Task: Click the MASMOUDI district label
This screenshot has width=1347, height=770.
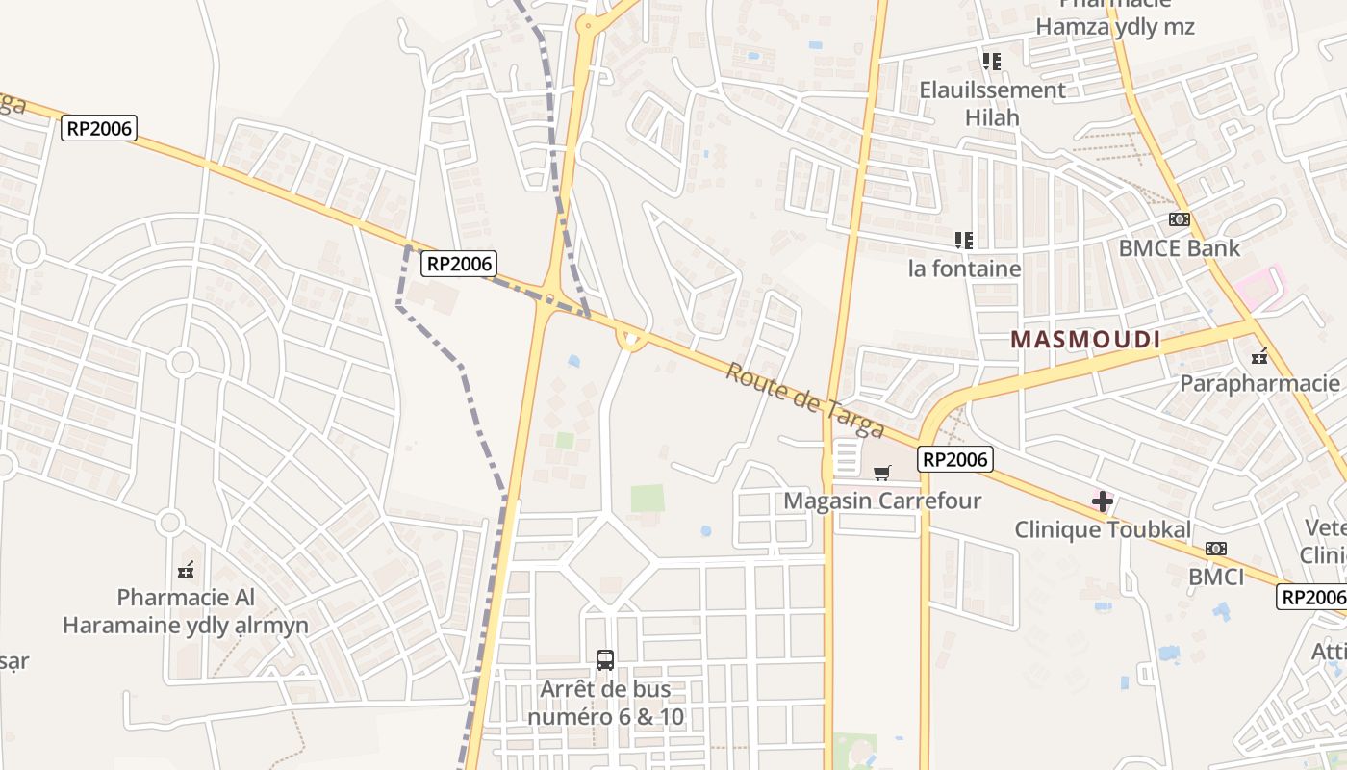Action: pos(1084,339)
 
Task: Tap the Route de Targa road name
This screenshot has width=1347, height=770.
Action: pos(803,398)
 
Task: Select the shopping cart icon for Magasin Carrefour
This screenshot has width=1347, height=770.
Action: pos(881,473)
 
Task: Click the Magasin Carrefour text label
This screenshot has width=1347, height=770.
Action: pos(881,500)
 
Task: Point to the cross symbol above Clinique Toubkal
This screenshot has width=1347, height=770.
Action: pos(1103,500)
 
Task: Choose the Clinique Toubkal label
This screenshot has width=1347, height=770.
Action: pos(1103,529)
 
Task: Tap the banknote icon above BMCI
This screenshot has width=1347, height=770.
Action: pos(1216,549)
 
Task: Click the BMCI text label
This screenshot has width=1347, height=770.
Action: pos(1216,577)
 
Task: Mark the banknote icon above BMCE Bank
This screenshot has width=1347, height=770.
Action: pos(1179,219)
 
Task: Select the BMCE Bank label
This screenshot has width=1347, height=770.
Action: pos(1179,248)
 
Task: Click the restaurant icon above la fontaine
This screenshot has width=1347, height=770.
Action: pos(964,240)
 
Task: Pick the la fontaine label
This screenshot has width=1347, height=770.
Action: pos(964,269)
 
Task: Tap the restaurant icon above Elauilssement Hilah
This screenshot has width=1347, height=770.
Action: pos(992,62)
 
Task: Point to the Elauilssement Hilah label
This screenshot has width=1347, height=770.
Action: pos(992,104)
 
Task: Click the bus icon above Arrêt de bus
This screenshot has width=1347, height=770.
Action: pos(605,660)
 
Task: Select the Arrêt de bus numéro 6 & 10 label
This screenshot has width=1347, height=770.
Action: pos(605,703)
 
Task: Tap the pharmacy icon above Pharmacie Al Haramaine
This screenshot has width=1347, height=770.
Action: pos(186,569)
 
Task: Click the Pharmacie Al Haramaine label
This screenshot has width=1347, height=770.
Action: pos(186,611)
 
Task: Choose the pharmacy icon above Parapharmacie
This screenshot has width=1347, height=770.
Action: pos(1259,355)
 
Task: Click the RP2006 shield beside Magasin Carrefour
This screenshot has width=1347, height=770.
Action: pos(954,459)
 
